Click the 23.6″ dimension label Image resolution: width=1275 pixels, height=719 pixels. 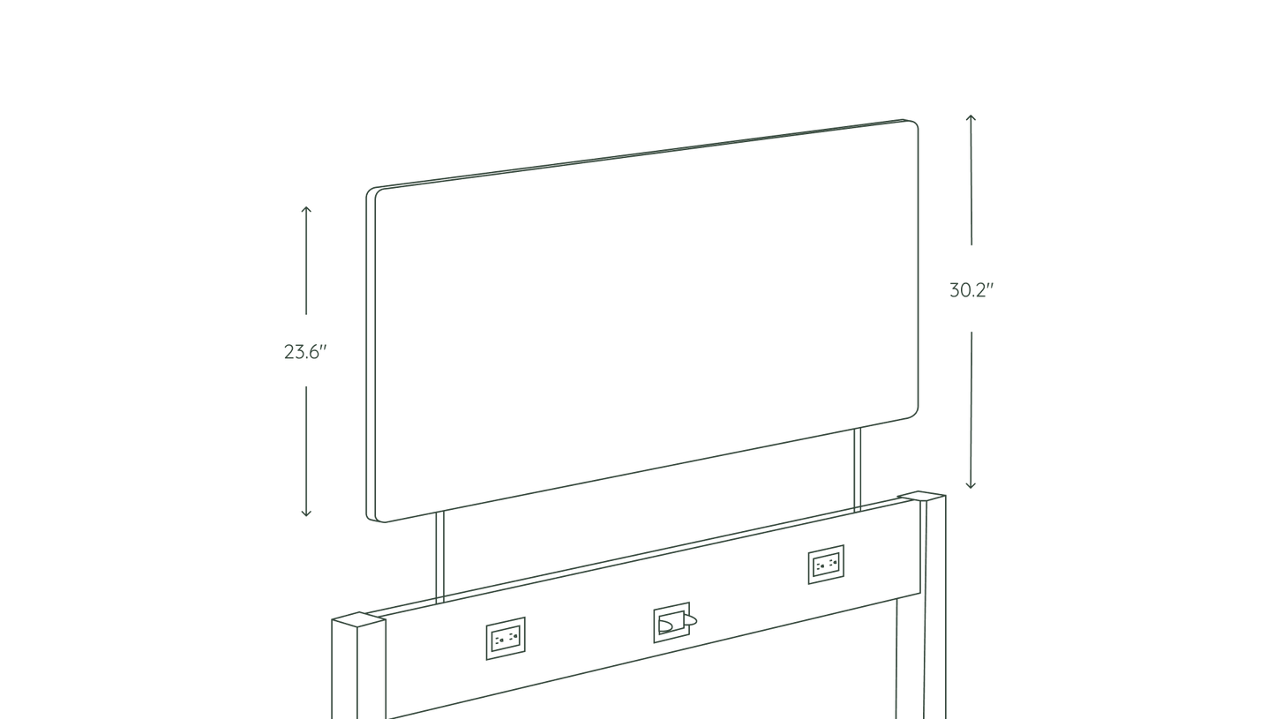[305, 352]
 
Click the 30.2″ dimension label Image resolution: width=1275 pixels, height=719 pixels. [971, 290]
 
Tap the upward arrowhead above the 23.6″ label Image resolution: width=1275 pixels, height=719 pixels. [306, 209]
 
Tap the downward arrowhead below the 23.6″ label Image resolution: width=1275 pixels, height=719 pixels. [306, 513]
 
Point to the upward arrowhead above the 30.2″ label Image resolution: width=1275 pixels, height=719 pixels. [971, 118]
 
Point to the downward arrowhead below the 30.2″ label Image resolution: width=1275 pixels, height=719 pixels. [971, 485]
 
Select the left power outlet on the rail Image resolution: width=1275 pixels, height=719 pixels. [506, 638]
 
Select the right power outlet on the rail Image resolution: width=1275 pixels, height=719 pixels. [826, 565]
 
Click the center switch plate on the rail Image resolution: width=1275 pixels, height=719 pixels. [672, 622]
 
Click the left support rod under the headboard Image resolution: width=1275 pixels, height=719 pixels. [439, 557]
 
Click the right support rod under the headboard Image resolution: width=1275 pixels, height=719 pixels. [858, 469]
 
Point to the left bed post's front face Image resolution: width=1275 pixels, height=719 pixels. [344, 670]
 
